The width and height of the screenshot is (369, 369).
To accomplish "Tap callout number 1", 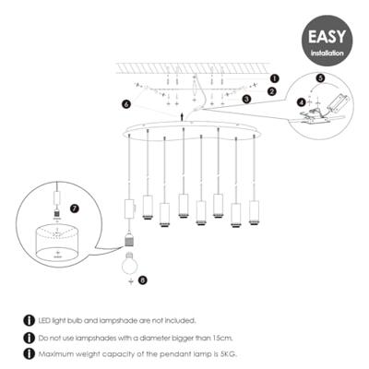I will (x=274, y=79).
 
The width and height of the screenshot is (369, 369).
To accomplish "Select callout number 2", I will (x=272, y=91).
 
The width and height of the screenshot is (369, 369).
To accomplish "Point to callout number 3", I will (x=246, y=98).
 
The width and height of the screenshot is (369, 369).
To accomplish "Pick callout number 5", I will (x=320, y=79).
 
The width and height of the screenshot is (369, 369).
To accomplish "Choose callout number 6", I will (x=126, y=104).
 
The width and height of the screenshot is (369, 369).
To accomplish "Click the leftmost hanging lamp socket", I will (x=130, y=208).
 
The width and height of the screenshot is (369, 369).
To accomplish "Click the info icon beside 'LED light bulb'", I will (x=30, y=319).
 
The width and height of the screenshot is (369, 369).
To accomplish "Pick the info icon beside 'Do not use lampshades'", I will (x=30, y=336).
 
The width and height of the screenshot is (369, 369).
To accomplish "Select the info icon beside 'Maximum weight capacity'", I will (x=30, y=351).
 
